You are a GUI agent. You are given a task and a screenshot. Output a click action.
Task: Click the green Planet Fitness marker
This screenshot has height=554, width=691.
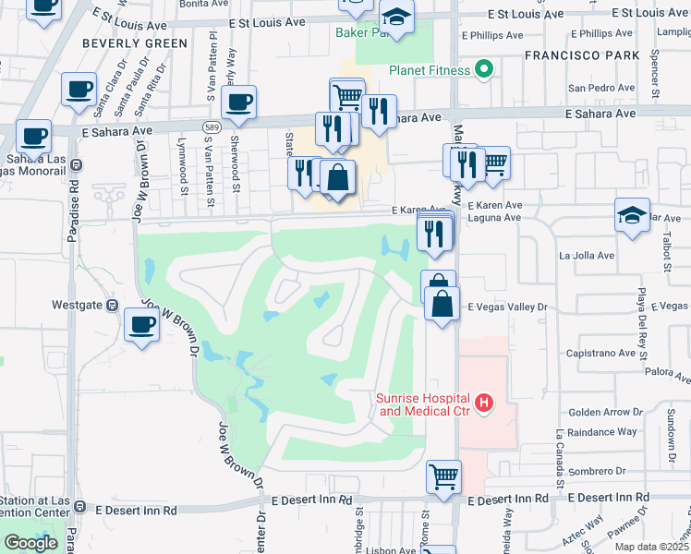[482, 70]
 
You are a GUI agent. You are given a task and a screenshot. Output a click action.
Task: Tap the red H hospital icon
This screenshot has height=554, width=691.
[483, 403]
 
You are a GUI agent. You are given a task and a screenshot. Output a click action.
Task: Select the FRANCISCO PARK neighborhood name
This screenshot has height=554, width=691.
[582, 55]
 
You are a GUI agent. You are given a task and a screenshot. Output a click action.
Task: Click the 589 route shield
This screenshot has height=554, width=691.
[212, 125]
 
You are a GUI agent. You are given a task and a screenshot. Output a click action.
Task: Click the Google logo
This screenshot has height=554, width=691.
[30, 543]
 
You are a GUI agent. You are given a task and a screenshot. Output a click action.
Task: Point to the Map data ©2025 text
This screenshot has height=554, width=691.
[651, 547]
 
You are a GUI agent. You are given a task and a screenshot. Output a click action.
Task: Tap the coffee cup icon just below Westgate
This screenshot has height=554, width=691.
[142, 326]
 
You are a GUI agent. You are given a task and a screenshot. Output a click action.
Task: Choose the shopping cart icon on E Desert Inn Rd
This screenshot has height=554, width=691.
[443, 477]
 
